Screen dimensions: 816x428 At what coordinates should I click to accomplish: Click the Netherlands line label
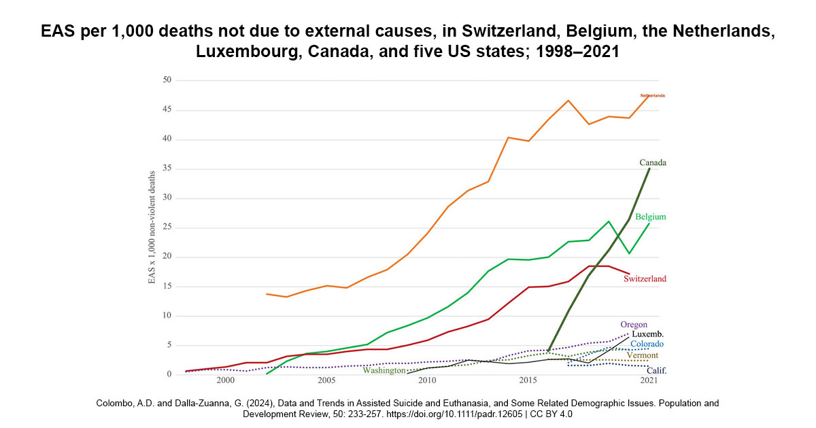652,96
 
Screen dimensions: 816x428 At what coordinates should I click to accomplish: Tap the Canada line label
653,162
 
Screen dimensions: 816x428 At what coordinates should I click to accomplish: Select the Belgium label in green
651,217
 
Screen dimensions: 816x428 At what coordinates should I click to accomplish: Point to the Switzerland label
645,279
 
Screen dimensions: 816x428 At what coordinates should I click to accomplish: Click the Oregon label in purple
634,325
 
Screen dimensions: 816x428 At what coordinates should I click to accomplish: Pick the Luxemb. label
647,334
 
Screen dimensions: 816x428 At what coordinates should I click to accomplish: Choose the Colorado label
647,344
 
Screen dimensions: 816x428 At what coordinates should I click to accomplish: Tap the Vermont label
642,355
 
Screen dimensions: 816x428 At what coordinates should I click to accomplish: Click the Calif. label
656,371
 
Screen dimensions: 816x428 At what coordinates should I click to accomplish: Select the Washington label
384,370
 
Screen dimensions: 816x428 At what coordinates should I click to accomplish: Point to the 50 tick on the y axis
167,79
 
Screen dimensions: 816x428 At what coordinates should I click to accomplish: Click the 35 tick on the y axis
167,168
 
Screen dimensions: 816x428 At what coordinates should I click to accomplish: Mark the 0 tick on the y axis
169,374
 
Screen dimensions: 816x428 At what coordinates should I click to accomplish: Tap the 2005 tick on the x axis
326,380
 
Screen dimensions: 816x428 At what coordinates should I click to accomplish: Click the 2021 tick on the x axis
649,380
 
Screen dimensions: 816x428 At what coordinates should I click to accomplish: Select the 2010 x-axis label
427,380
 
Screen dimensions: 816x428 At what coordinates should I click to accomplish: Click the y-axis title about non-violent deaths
152,228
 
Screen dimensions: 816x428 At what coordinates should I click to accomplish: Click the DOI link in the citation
454,414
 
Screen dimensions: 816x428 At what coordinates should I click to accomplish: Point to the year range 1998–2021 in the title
577,52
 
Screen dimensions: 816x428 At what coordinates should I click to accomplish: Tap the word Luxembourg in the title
248,52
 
